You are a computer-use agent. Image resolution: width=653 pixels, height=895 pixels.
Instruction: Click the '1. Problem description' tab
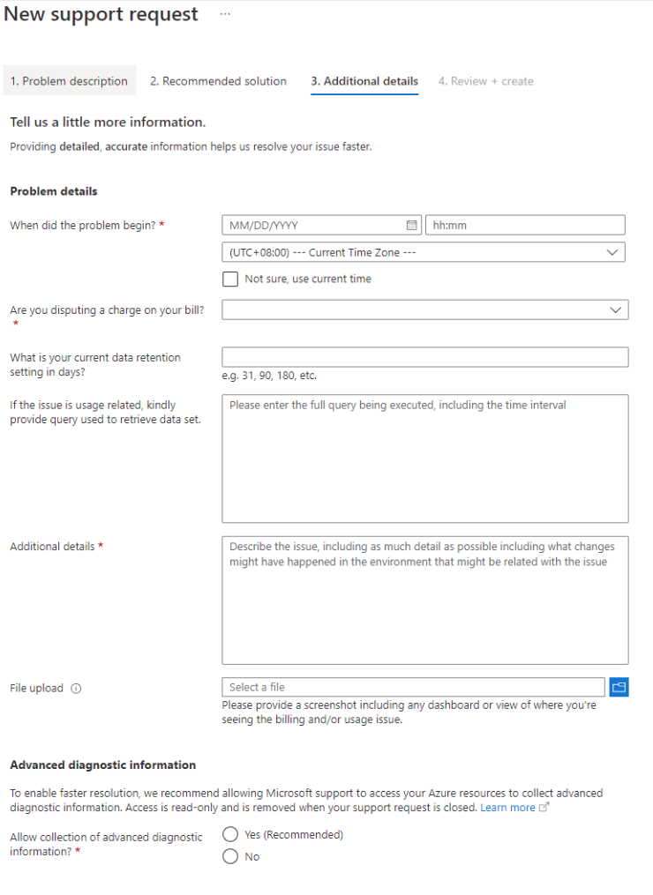tap(69, 81)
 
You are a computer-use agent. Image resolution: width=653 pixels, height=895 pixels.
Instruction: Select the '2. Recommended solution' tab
tap(218, 81)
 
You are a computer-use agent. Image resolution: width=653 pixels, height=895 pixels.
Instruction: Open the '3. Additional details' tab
tap(364, 81)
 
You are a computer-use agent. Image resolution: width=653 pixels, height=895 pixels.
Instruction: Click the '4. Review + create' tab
tap(485, 81)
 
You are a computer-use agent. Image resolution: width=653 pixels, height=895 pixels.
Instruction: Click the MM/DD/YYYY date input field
tap(313, 225)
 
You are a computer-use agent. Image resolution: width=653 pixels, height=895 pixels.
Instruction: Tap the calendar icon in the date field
tap(411, 225)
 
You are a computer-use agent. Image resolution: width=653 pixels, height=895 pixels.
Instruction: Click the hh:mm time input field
tap(525, 225)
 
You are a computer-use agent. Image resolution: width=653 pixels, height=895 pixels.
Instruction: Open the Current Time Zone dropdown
tap(424, 252)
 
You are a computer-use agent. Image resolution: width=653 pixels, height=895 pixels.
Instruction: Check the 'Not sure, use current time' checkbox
tap(230, 279)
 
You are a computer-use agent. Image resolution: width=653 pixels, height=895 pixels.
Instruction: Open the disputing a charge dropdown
tap(424, 310)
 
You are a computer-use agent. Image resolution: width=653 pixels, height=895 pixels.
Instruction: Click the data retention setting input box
tap(424, 357)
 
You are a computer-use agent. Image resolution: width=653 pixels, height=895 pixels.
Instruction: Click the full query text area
tap(424, 459)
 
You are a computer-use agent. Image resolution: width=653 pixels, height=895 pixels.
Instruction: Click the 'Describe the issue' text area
tap(424, 600)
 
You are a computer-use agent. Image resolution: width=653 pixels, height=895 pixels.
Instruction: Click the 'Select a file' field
tap(413, 687)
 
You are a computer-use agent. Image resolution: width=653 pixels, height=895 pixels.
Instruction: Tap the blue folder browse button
tap(619, 687)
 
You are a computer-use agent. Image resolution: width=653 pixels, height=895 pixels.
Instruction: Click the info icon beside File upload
tap(76, 689)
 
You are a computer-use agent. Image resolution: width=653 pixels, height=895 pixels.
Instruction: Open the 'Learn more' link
tap(508, 808)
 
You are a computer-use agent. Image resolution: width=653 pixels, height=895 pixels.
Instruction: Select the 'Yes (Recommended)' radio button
tap(230, 834)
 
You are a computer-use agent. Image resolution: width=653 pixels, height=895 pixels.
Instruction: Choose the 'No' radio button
tap(230, 856)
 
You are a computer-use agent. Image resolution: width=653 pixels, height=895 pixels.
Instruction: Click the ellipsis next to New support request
tap(224, 15)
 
